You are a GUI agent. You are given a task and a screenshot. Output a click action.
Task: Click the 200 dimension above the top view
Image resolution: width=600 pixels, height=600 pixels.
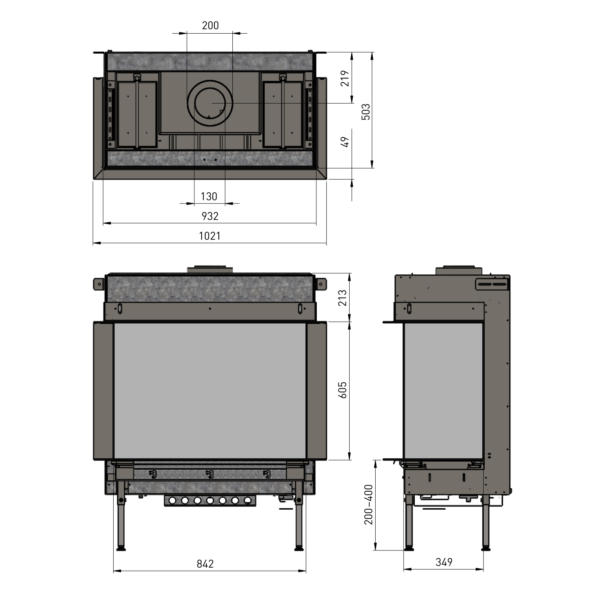pos(210,26)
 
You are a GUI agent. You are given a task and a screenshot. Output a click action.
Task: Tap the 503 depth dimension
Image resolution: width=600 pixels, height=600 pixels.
pos(366,112)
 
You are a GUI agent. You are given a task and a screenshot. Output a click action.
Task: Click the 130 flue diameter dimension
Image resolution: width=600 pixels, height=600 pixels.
pos(209,196)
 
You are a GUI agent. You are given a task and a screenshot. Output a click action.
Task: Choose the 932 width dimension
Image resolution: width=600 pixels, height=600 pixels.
pos(210,216)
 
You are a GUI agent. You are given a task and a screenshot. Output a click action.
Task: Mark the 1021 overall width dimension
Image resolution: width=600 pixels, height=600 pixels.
pos(210,236)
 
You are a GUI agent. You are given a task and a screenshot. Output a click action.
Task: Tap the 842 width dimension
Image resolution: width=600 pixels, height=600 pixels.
pos(205,564)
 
